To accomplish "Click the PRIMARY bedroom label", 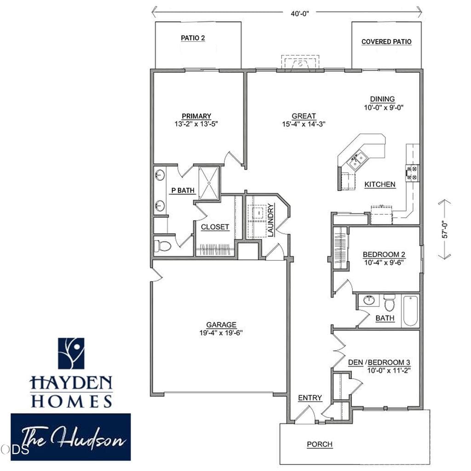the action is click(x=196, y=116).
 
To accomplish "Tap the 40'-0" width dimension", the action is click(x=299, y=13).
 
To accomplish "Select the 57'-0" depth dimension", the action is click(x=445, y=230).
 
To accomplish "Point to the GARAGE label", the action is click(x=221, y=325).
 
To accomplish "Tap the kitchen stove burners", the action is click(x=412, y=173).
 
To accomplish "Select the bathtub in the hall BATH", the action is click(x=410, y=311).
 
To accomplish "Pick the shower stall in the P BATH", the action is click(x=209, y=183).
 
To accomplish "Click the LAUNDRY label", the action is click(x=270, y=220).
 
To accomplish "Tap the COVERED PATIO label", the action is click(x=386, y=42).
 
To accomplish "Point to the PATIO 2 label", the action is click(x=193, y=38).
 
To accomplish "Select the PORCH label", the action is click(x=320, y=444).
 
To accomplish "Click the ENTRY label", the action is click(x=310, y=398).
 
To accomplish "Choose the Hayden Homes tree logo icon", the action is click(x=71, y=353).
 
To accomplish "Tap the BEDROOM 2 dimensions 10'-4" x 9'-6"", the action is click(x=384, y=263).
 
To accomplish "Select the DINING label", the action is click(x=382, y=99).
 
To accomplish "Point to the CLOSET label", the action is click(x=215, y=227).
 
